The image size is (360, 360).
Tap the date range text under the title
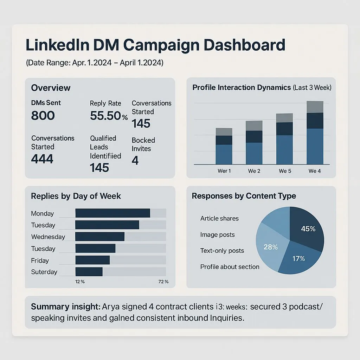click(x=95, y=63)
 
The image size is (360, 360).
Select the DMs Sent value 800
click(x=43, y=115)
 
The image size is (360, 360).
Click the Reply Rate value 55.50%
click(x=109, y=115)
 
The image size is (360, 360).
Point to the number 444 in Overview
click(x=42, y=159)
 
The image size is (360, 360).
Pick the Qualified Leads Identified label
click(x=105, y=147)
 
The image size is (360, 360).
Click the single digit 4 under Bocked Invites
click(x=135, y=161)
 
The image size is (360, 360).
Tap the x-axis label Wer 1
click(x=224, y=171)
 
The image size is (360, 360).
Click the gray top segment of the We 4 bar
click(x=315, y=107)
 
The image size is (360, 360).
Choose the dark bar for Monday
click(x=112, y=213)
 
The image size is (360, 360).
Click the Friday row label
click(x=40, y=261)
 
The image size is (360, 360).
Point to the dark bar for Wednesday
click(x=100, y=237)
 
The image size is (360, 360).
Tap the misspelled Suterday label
click(x=44, y=272)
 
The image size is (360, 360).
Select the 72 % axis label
click(x=163, y=282)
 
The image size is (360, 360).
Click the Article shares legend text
click(x=219, y=218)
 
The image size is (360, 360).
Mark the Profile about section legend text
click(x=230, y=267)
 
